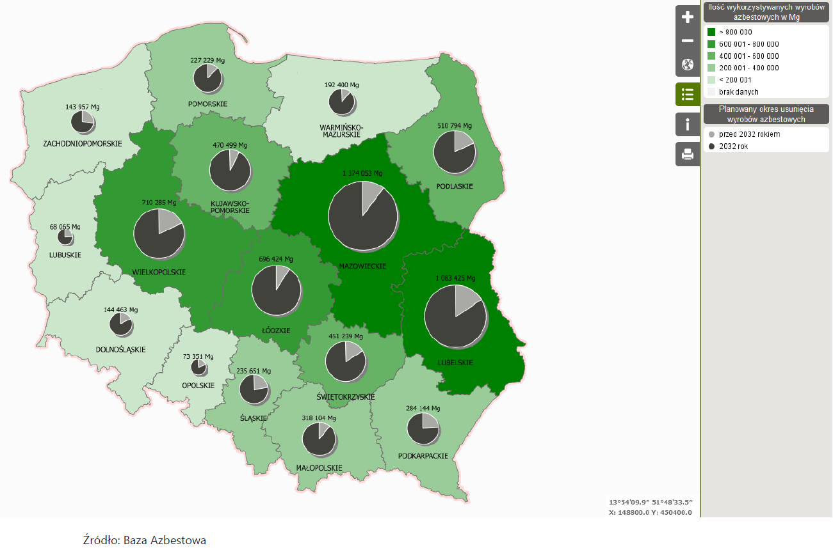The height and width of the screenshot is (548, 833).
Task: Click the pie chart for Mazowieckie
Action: [362, 215]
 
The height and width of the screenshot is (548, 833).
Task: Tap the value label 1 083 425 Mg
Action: [455, 278]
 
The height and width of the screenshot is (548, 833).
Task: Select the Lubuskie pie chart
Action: [65, 237]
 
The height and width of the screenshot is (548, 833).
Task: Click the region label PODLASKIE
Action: [455, 186]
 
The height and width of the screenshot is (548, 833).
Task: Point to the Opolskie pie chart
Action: [198, 367]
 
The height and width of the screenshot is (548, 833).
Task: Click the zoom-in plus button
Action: [688, 17]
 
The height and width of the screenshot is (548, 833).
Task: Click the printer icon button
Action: [688, 154]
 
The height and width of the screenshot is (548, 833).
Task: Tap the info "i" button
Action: [688, 124]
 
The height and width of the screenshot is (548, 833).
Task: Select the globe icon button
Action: [688, 65]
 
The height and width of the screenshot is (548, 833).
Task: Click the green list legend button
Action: [688, 94]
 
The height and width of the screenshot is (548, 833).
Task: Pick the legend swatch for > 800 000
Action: [711, 32]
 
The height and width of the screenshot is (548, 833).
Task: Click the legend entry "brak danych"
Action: [738, 92]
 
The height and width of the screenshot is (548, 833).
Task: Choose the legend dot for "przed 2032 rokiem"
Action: [711, 134]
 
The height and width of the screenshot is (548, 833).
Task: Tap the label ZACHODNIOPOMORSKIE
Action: [83, 144]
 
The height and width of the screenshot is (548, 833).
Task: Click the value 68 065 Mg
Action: [65, 227]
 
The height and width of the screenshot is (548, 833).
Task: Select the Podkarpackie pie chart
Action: [423, 428]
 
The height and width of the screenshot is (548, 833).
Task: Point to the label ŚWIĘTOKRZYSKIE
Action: [346, 397]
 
